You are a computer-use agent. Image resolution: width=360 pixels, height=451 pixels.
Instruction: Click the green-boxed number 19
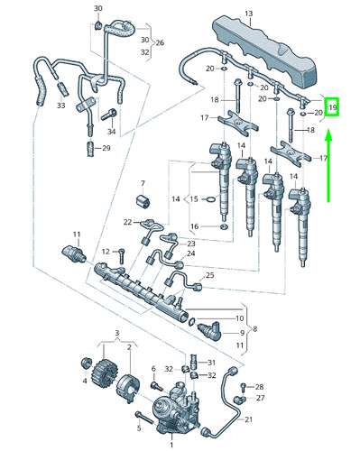(332, 107)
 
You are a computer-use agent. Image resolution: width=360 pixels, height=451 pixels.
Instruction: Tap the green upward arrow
(330, 167)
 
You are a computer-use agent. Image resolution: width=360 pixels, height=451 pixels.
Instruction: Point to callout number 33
(60, 106)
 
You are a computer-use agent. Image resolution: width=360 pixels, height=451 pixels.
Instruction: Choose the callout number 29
(106, 148)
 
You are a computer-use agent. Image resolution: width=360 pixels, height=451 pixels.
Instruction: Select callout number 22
(128, 222)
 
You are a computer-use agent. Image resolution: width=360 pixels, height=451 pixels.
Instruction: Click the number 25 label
(209, 274)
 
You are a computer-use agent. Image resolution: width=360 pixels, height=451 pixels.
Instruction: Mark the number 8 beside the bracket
(255, 328)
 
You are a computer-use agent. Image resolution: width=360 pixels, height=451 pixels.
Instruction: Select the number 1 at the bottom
(171, 445)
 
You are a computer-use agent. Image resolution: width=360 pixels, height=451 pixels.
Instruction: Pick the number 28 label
(259, 386)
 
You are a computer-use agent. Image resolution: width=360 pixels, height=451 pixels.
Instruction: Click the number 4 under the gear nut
(85, 381)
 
